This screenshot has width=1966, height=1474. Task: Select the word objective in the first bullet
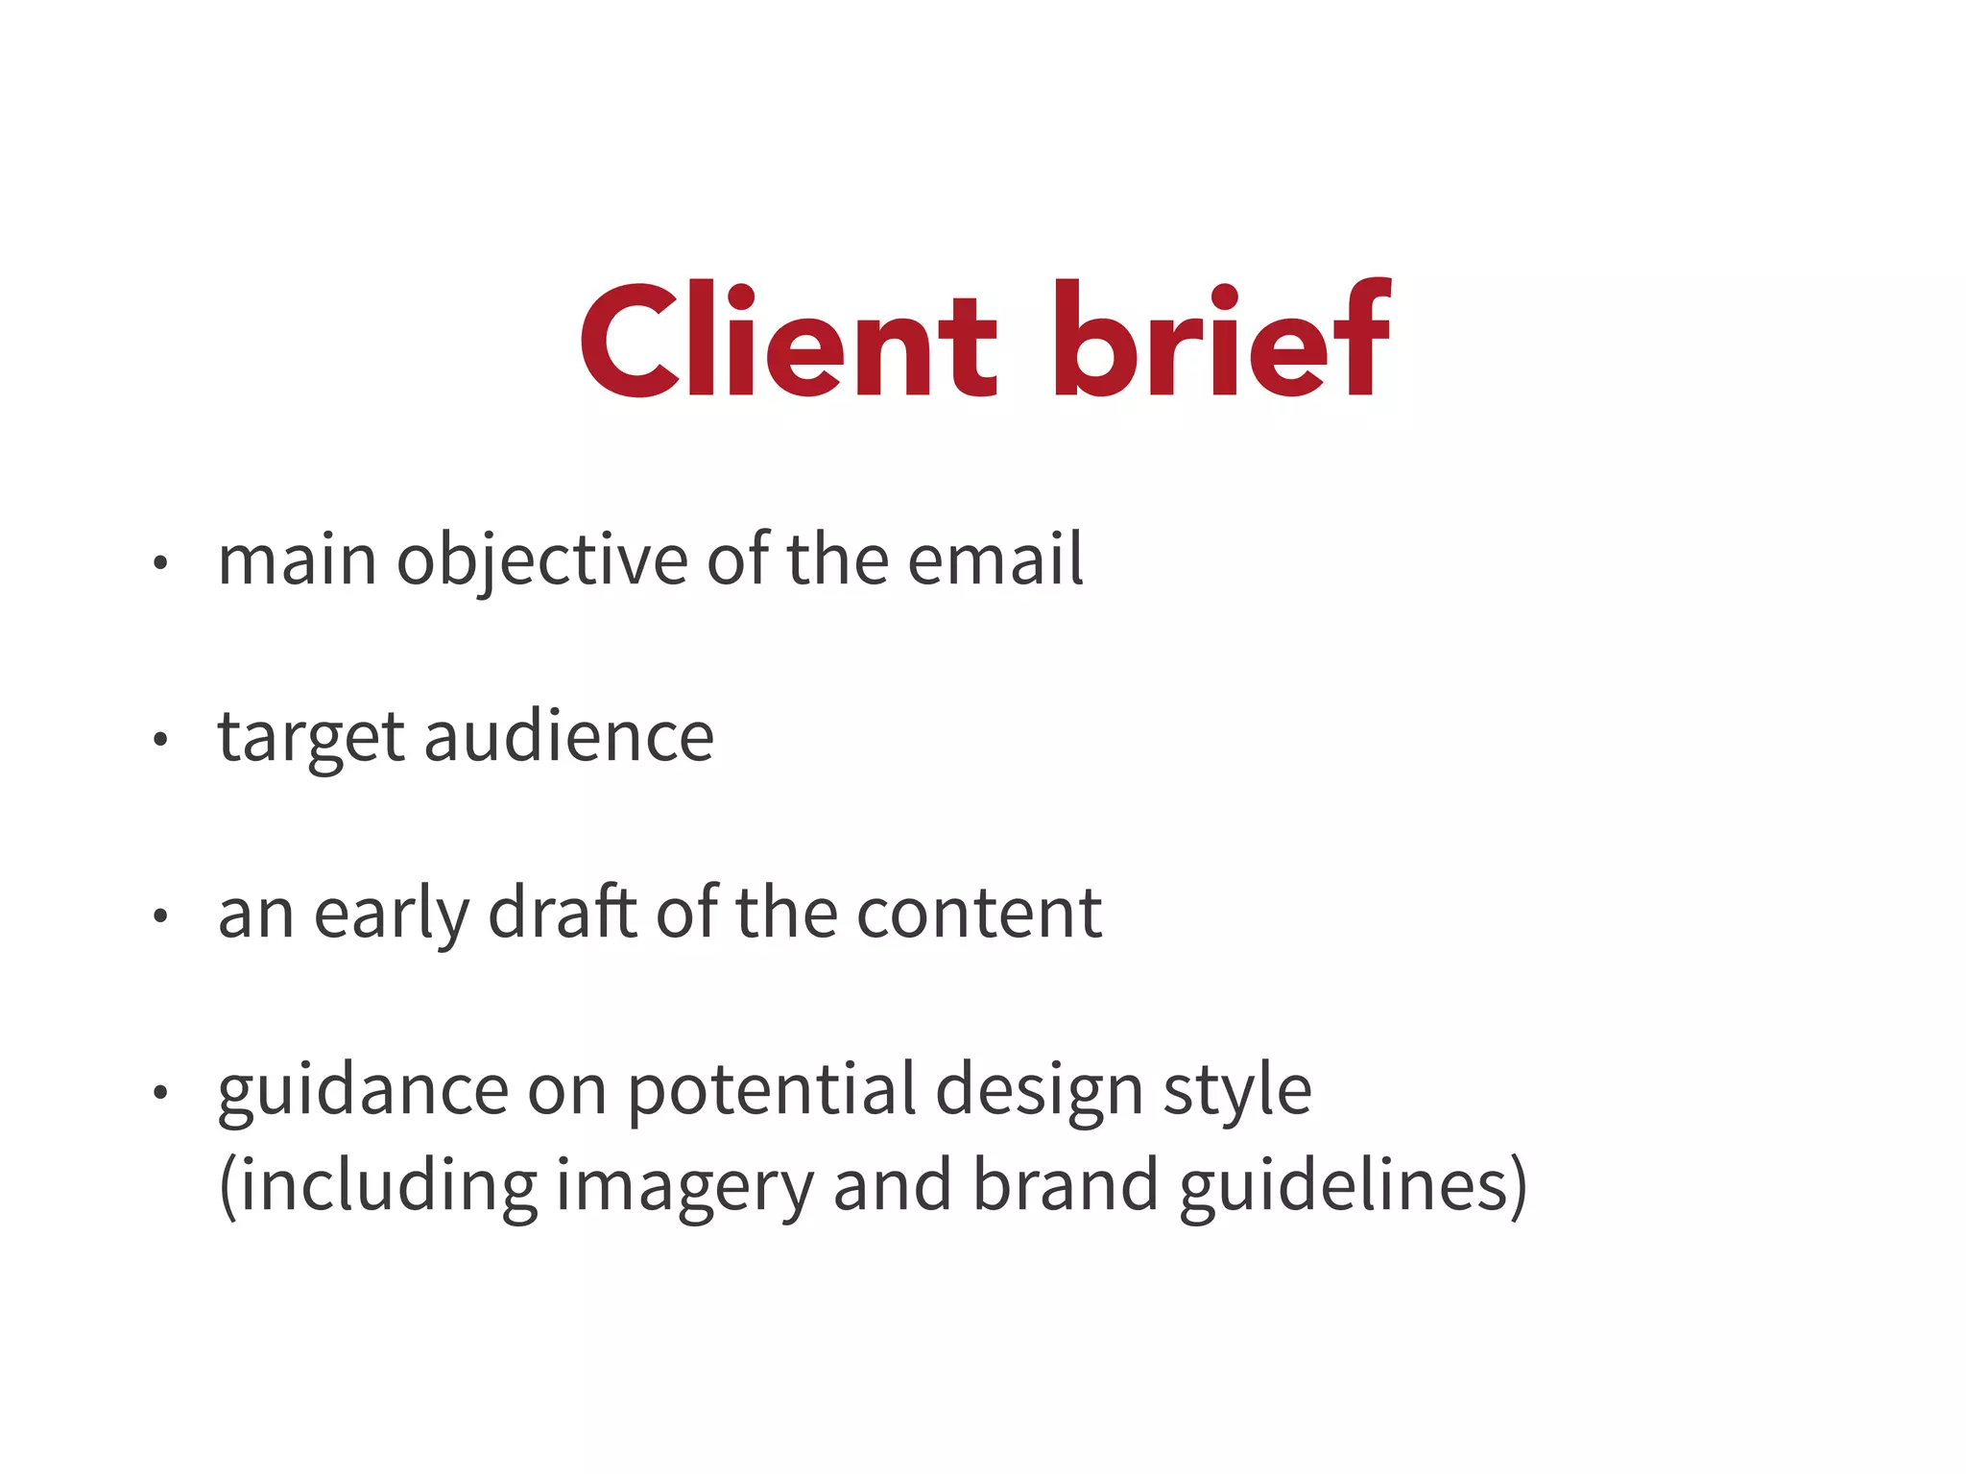(x=542, y=560)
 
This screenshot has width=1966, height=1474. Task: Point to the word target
(x=311, y=738)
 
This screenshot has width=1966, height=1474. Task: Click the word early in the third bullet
(x=392, y=914)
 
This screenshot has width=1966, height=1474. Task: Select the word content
(x=979, y=914)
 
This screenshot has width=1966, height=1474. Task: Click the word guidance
(x=363, y=1091)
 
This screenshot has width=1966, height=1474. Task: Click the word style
(x=1237, y=1091)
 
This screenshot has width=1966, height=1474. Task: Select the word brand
(x=1066, y=1185)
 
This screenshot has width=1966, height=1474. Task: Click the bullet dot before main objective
(x=160, y=563)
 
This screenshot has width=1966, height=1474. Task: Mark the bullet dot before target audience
(x=160, y=740)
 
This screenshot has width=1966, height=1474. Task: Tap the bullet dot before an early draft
(x=160, y=916)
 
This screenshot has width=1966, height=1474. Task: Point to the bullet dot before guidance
(x=160, y=1092)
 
